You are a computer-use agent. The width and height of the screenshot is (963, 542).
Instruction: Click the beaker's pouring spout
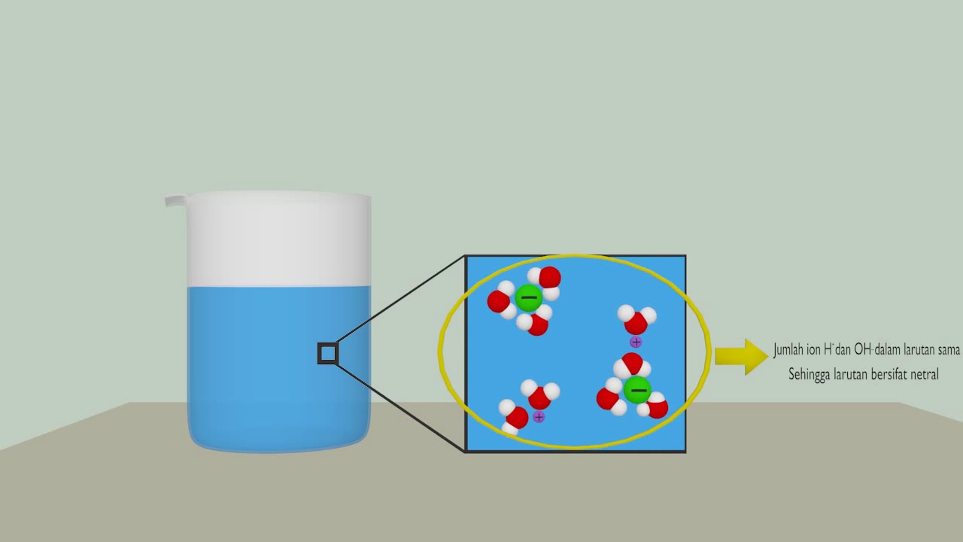175,200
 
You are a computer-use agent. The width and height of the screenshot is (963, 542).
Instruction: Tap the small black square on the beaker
327,353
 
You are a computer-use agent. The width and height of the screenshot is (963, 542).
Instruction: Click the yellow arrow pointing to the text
740,356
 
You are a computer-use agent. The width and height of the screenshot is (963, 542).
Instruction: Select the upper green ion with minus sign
528,298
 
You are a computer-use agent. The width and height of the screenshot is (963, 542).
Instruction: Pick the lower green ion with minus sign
637,390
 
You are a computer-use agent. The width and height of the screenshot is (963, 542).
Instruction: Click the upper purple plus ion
636,343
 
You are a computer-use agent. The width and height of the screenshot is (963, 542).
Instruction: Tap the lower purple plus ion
539,416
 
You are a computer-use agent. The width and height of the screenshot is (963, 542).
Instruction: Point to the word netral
922,374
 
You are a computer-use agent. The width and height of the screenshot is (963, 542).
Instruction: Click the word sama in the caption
949,350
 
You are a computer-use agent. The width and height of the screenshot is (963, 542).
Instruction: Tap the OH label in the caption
862,350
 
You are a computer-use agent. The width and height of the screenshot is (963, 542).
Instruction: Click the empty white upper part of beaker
278,241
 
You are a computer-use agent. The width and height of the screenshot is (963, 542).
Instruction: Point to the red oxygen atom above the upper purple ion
636,323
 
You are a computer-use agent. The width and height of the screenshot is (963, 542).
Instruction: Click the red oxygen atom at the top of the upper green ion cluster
550,277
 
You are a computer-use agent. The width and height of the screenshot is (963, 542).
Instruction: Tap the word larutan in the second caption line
846,374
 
